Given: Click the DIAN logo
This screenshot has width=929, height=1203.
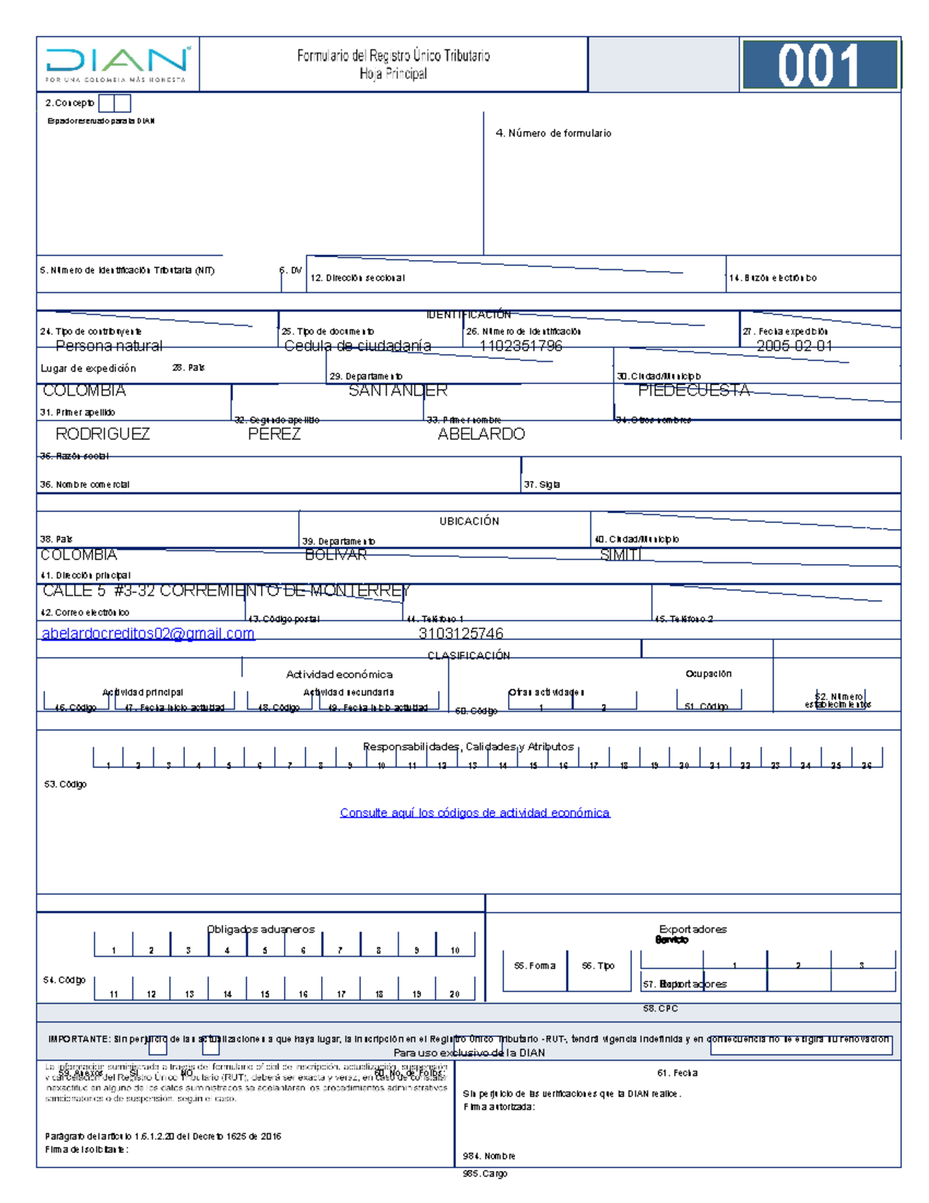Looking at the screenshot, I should coord(117,64).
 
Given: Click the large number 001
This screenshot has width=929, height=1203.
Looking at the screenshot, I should coord(818,65).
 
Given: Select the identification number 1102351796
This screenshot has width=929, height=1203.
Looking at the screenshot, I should coord(521,346).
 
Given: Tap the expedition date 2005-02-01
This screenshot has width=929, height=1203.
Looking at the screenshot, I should coord(794,346).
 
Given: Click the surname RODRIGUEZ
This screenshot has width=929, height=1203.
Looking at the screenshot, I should coord(103,434).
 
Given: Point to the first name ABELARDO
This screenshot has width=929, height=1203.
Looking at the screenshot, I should coord(481,434).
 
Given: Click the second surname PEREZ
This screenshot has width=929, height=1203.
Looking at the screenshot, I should coord(274,434).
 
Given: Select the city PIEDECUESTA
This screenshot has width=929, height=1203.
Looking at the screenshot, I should coord(694,390).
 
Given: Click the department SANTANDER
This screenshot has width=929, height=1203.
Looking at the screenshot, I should coord(397,390).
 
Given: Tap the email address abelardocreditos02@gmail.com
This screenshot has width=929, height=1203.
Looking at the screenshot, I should coord(148,634).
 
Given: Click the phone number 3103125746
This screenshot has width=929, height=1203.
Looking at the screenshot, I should coord(461,634).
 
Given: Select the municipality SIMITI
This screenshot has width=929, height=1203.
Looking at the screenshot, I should coord(621,555).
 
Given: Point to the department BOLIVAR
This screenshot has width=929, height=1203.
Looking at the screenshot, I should coord(335,555).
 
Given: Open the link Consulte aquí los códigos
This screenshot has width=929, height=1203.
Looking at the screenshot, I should coord(475,813).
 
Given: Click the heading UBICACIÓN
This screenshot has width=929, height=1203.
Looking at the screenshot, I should coord(469,521).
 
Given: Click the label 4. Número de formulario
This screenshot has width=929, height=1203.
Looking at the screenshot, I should coord(553,133).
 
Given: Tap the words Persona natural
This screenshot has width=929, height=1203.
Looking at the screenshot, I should coord(109,346).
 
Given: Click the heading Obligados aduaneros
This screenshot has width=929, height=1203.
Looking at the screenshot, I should coord(261,929).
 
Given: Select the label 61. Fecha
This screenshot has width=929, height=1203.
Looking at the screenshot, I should coord(677,1073).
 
